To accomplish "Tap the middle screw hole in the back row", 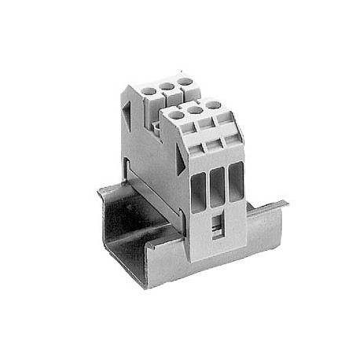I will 167,86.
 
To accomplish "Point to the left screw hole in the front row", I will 176,115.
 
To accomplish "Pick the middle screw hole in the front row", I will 195,109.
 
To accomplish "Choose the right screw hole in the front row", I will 213,104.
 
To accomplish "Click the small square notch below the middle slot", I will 216,227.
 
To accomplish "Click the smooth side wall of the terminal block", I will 149,157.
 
